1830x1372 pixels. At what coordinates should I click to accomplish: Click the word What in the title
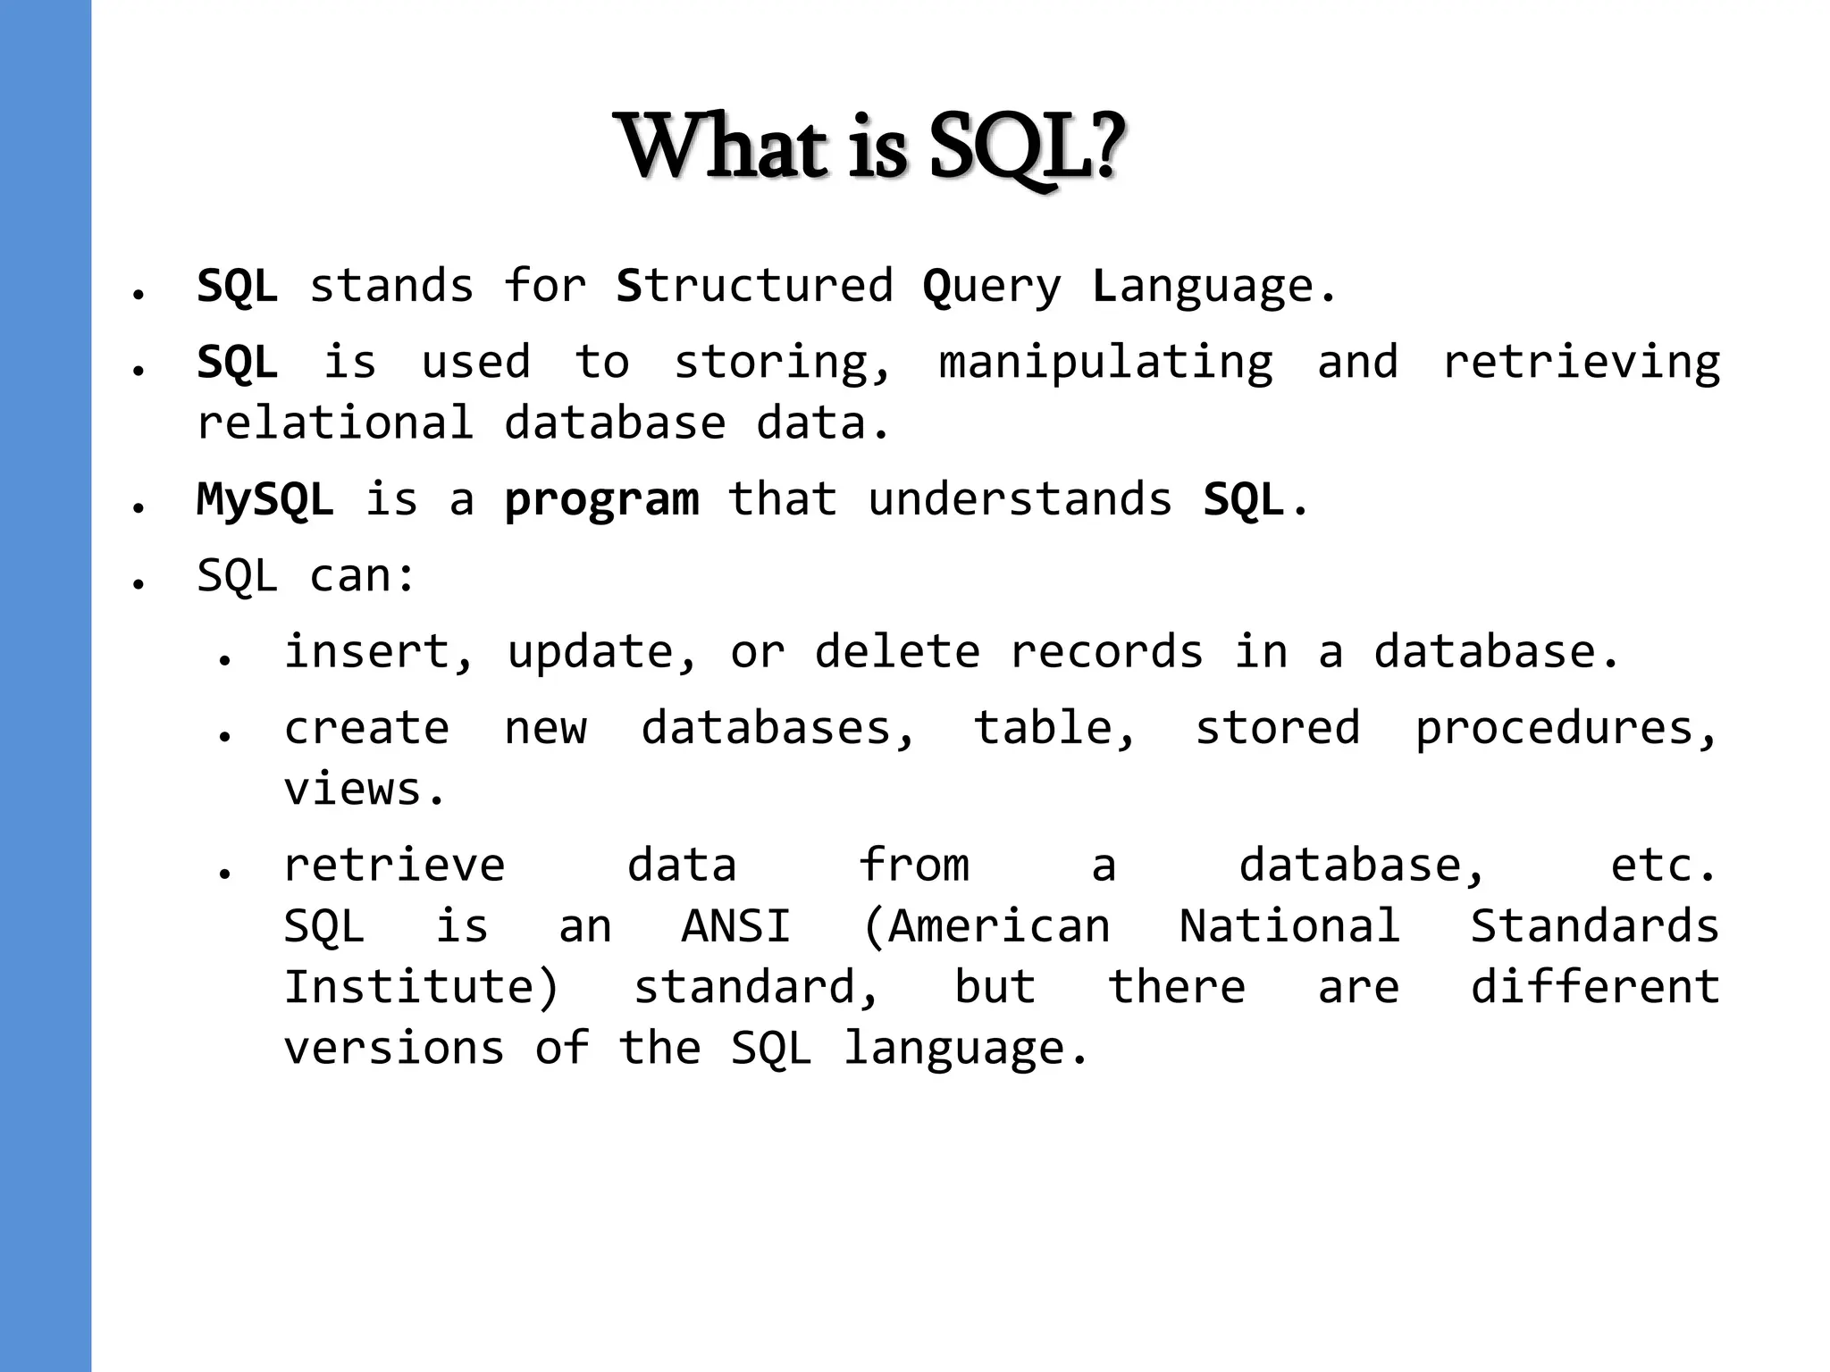725,147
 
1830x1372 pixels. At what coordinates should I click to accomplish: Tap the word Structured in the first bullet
754,286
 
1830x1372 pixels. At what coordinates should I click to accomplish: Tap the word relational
335,422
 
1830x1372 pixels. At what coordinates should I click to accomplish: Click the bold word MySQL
265,499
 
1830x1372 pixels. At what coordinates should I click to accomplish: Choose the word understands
1020,498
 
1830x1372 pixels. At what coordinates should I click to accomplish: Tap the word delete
897,651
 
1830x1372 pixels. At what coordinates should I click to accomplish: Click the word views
363,789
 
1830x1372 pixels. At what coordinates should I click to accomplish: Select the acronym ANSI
736,925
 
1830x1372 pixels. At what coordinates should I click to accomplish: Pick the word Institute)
421,987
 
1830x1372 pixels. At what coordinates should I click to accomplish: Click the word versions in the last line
394,1048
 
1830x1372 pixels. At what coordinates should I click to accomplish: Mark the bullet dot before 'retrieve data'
224,873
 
